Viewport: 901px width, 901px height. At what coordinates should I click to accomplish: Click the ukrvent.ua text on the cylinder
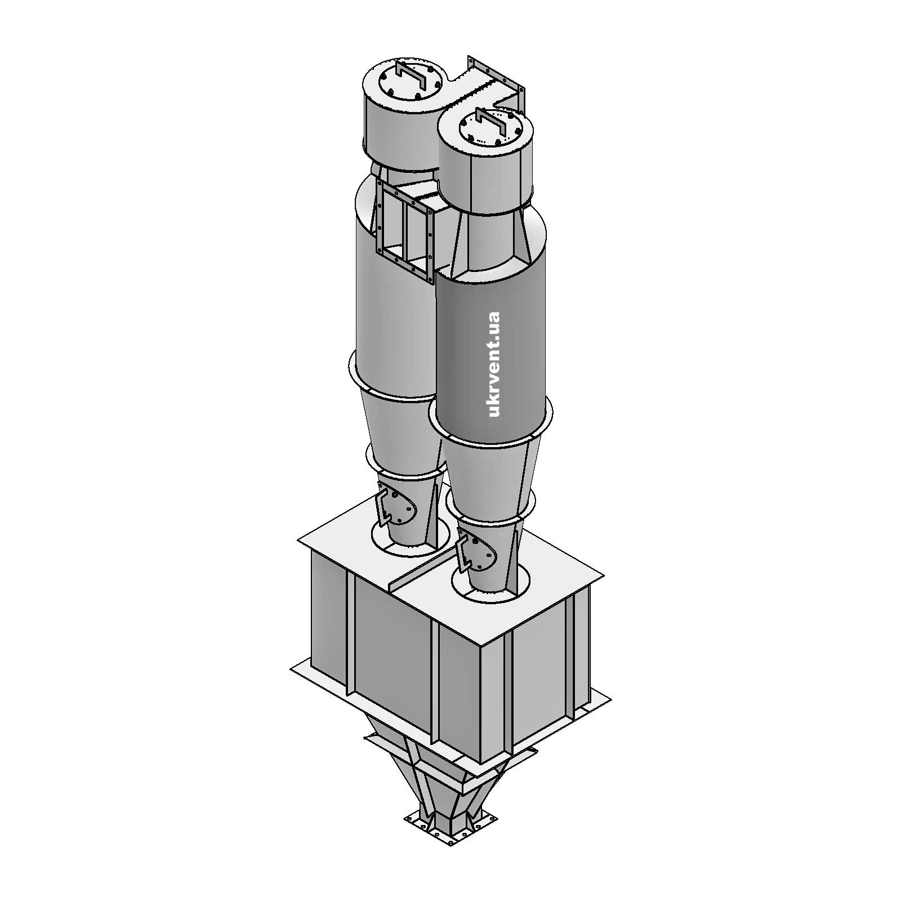click(x=494, y=364)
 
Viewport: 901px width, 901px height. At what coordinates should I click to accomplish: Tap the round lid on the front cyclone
click(x=488, y=131)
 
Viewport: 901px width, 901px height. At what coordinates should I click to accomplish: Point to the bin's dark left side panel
click(x=389, y=648)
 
